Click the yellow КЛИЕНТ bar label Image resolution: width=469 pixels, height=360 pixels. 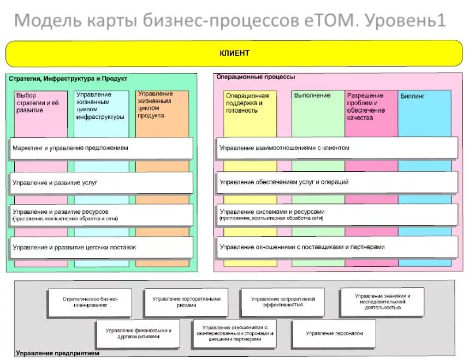[x=234, y=53]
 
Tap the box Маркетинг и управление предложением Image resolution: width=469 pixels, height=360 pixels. [x=102, y=148]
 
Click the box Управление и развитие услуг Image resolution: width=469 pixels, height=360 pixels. [x=102, y=183]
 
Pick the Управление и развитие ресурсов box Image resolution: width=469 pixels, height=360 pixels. [x=102, y=214]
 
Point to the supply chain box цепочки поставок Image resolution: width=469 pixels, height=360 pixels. [x=102, y=247]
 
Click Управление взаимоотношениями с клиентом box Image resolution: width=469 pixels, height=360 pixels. [x=337, y=148]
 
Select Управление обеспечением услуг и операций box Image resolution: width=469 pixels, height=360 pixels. [x=337, y=182]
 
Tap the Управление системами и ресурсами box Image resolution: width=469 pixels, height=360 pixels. [x=337, y=214]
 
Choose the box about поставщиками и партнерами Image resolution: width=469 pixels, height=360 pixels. [x=337, y=247]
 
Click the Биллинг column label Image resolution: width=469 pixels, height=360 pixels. [x=413, y=97]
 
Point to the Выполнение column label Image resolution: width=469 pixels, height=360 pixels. [x=312, y=95]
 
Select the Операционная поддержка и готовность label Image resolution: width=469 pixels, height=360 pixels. [x=247, y=103]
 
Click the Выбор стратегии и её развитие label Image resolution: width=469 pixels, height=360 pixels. [x=38, y=103]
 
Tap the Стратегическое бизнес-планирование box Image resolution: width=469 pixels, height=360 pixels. [x=90, y=302]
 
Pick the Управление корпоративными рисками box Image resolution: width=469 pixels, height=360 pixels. [x=186, y=302]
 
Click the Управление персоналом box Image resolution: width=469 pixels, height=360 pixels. [x=334, y=333]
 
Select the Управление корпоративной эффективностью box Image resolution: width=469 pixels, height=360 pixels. [x=283, y=302]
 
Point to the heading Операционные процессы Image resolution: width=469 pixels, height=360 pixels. [x=256, y=77]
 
